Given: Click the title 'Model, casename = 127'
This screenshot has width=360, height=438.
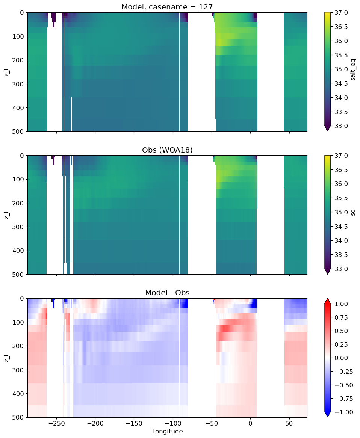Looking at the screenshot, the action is (167, 7).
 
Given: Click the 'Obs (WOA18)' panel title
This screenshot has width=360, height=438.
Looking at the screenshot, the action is (167, 150).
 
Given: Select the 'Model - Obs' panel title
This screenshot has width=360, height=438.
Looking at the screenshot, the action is (167, 293).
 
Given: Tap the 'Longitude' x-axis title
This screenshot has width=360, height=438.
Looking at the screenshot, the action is (168, 431).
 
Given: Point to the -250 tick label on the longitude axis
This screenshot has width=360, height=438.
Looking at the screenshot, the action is (56, 423).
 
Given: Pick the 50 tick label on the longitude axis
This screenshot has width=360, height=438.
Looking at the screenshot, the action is (289, 423).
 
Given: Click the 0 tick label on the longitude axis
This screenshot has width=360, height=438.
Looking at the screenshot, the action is (250, 423).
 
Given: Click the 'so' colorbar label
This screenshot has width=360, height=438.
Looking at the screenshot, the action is (353, 212).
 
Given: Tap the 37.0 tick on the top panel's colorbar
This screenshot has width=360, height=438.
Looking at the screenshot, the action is (341, 12).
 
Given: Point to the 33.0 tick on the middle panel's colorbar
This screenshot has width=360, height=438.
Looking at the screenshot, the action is (341, 269).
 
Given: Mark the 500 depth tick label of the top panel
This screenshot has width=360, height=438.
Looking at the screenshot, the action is (19, 131).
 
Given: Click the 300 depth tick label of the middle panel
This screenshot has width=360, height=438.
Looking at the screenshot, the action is (19, 227).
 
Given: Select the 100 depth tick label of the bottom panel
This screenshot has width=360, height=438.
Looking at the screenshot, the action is (19, 322).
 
